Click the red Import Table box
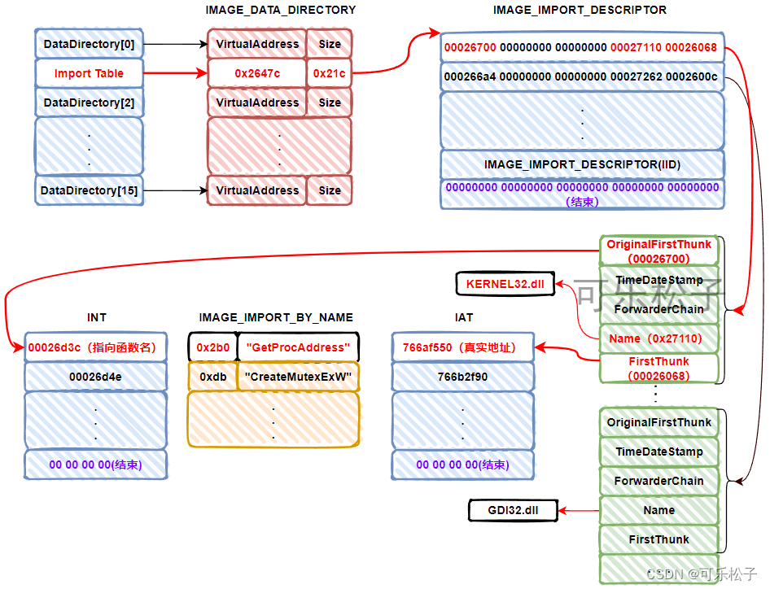90,73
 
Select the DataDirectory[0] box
90,44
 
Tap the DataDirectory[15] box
90,190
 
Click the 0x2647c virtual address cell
257,73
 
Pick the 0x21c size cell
330,73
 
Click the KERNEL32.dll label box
505,284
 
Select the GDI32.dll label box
512,511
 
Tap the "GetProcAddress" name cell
298,347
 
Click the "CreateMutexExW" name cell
298,377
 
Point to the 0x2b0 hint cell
213,347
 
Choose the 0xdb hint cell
213,377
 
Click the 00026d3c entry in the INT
96,347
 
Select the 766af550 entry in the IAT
462,347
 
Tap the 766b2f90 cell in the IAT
462,377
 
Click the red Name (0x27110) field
658,338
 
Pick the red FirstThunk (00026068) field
658,368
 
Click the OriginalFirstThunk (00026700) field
658,251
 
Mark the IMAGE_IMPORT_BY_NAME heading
276,317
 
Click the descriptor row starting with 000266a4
581,76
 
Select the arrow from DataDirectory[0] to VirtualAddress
175,44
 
